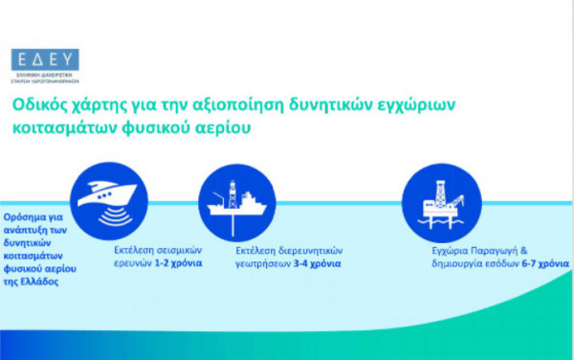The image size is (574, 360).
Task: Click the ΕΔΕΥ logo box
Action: (x=45, y=59)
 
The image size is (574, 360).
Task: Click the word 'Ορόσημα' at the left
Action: (x=26, y=216)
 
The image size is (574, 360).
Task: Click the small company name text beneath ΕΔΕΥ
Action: (x=45, y=79)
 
